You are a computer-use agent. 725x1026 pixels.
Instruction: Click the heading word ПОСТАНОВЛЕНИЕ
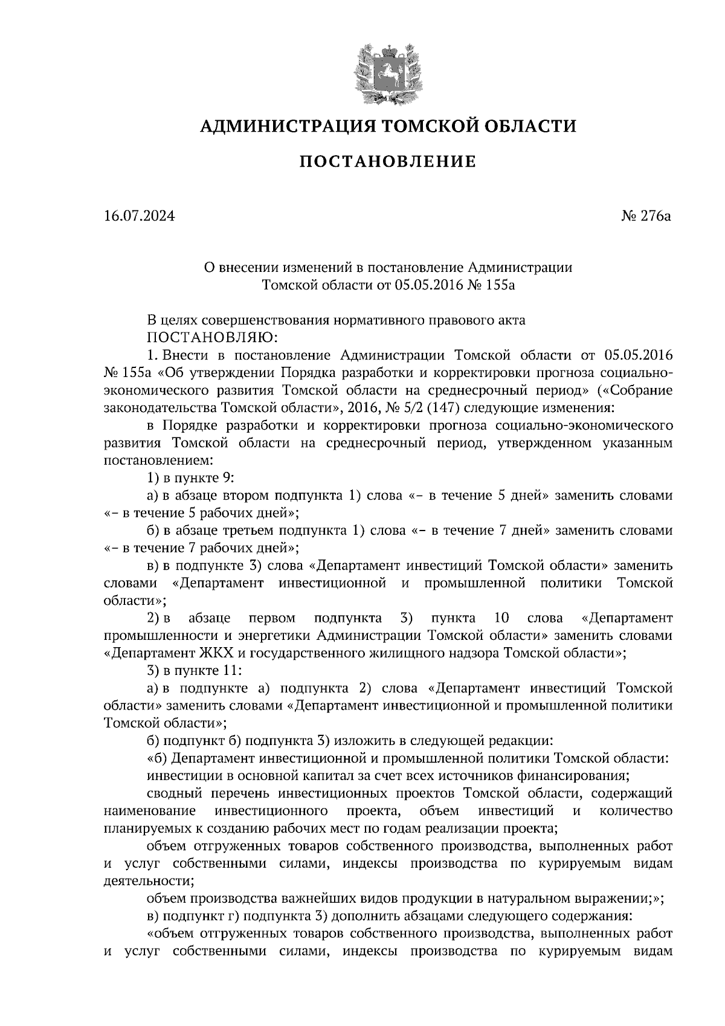(x=388, y=162)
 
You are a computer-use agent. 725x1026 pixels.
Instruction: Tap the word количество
(x=636, y=810)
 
